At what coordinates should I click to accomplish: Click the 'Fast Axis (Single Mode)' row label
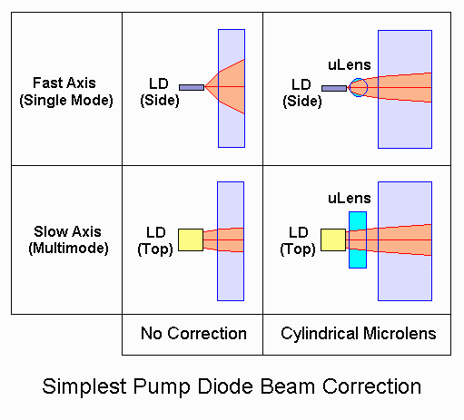66,92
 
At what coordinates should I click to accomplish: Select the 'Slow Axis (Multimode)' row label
68,240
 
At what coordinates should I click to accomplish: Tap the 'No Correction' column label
193,334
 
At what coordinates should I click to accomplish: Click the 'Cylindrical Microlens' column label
359,334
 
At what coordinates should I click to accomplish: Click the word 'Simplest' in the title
84,386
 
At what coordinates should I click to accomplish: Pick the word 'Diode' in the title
225,386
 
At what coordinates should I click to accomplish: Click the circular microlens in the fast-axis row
359,87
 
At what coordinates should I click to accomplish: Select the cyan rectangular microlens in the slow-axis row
358,239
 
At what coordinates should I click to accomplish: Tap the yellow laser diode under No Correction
191,239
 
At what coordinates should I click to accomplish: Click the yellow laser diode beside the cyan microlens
333,239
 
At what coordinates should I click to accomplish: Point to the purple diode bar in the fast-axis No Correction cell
192,87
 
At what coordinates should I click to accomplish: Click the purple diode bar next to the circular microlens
334,88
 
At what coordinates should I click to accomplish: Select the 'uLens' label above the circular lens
350,65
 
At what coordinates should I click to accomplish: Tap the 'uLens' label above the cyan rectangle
350,199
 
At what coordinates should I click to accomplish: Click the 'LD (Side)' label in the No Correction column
160,93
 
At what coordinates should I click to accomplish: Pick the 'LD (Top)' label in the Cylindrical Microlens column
298,241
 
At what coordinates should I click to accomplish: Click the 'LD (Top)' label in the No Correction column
155,241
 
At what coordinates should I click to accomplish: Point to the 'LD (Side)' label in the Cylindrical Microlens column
302,93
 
